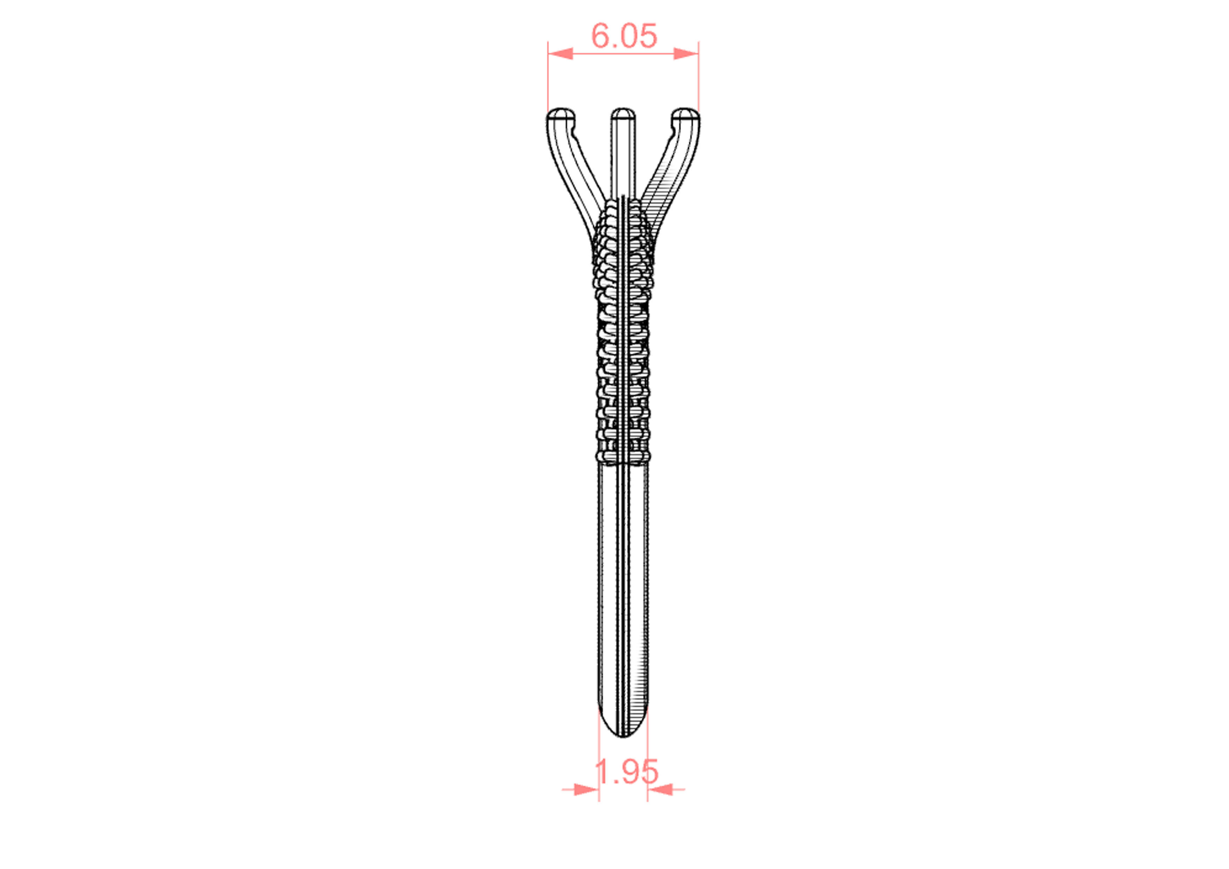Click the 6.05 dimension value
tap(624, 36)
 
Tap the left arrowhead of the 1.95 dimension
tap(585, 789)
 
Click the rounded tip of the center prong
tap(623, 114)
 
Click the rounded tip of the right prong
tap(685, 114)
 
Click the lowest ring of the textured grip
tap(623, 456)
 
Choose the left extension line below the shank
tap(598, 766)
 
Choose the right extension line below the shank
tap(648, 766)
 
